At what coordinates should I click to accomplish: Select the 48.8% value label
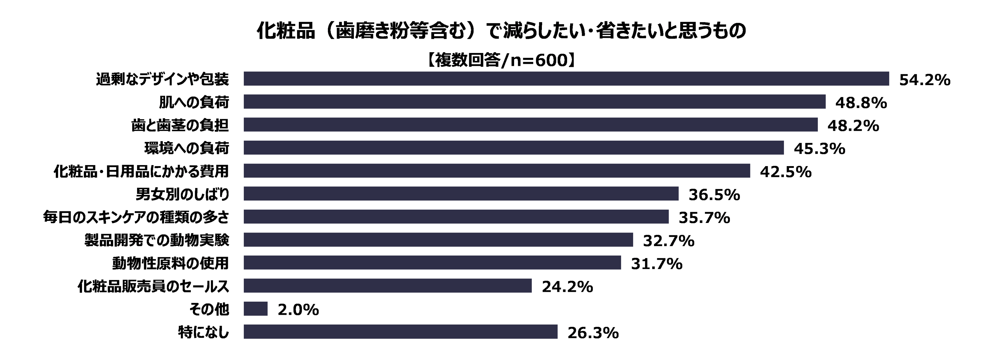tap(861, 103)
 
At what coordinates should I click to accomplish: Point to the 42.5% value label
tap(785, 172)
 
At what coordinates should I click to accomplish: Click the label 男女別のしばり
tap(182, 194)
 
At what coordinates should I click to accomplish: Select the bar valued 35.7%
tap(456, 217)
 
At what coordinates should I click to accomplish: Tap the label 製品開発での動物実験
tap(157, 240)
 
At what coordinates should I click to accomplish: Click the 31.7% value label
tap(657, 264)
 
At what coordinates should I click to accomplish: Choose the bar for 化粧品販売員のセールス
tap(387, 286)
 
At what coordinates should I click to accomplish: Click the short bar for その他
tap(255, 309)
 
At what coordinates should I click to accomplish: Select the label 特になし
tap(203, 332)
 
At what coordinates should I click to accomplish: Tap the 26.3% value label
tap(593, 333)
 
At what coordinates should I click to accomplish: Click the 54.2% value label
tap(924, 80)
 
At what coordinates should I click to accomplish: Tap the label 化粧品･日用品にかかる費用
tap(141, 172)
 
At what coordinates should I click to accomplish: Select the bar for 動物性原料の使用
tap(432, 263)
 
